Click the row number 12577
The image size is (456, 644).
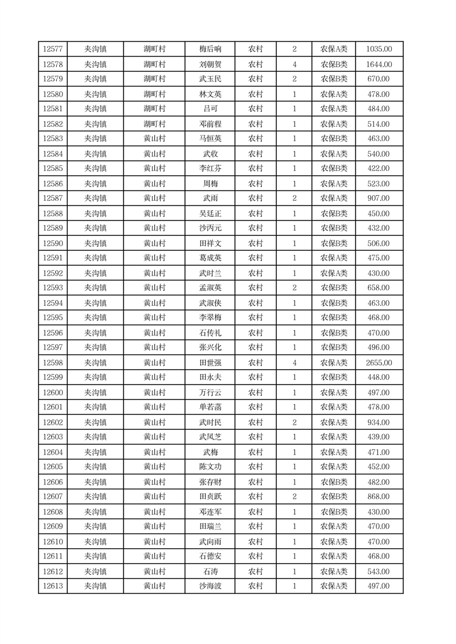pos(53,49)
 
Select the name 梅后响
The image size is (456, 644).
pos(210,49)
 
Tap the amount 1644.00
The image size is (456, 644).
pos(378,64)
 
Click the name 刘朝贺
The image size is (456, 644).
pos(210,64)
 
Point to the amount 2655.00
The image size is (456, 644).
pos(378,363)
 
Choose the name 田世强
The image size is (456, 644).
pos(210,363)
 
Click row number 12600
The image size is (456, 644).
pos(53,393)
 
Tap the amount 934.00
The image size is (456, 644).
pos(378,422)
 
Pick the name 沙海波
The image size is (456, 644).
pos(210,586)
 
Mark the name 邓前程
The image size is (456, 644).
pos(210,124)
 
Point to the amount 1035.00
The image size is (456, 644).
pos(378,49)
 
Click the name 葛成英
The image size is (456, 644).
pos(210,258)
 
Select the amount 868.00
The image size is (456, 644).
pos(378,496)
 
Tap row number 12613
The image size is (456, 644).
pos(53,586)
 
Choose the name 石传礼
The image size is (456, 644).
pos(210,333)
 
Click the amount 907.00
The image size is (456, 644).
pos(378,198)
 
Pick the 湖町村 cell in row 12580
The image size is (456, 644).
pos(154,94)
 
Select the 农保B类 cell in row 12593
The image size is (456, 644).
pos(334,288)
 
